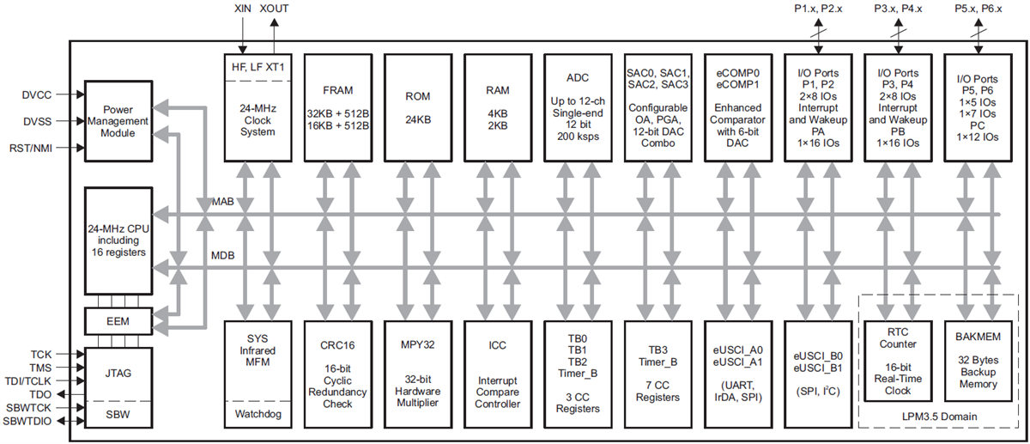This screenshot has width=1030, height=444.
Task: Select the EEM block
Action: (118, 321)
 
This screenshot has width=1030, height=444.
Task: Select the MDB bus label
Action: (222, 256)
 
